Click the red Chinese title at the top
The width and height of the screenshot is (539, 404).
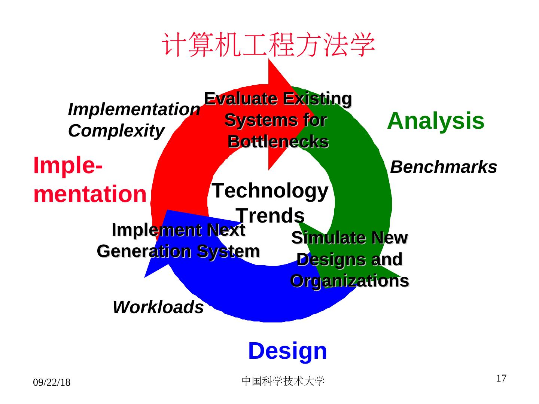tap(268, 45)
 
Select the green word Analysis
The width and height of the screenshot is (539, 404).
tap(435, 121)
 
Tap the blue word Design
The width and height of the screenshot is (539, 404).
tap(287, 351)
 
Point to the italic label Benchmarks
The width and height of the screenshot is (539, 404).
tap(443, 167)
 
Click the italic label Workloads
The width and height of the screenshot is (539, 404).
tap(158, 307)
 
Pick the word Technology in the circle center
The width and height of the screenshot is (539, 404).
tap(270, 190)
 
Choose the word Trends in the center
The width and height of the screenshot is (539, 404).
tap(270, 215)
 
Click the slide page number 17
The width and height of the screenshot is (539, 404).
tap(501, 378)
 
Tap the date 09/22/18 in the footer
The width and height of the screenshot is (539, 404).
tap(52, 382)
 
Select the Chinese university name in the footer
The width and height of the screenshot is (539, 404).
tap(283, 381)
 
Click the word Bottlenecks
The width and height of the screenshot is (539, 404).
tap(278, 142)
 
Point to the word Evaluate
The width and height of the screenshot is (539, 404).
tap(241, 99)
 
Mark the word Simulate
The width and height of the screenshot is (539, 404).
tap(318, 238)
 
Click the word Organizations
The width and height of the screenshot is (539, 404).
tap(349, 281)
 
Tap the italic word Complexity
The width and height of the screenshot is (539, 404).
tap(116, 131)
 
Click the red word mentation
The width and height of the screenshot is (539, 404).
tap(90, 194)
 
